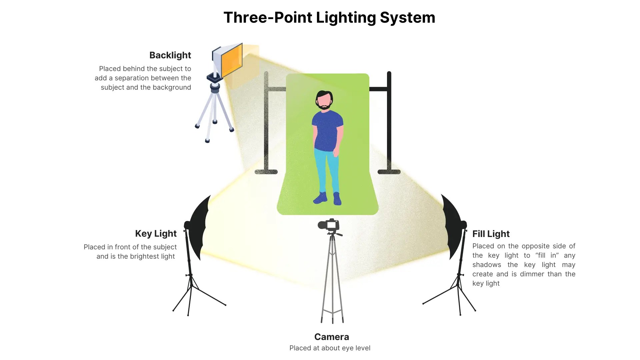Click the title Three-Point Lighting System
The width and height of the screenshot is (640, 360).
[x=329, y=18]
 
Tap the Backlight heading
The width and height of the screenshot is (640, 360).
[x=170, y=55]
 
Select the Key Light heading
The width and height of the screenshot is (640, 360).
[x=156, y=234]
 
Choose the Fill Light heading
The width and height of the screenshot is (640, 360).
[x=491, y=234]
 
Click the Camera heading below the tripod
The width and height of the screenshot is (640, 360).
[x=331, y=337]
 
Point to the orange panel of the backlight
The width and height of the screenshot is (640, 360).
[x=231, y=62]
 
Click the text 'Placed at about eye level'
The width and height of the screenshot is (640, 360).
[x=330, y=348]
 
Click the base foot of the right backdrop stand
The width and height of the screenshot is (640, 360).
[x=389, y=172]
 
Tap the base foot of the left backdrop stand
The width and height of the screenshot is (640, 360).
[x=266, y=172]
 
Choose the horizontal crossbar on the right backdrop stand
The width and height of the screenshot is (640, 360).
[x=379, y=89]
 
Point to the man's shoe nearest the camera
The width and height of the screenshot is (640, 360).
[x=337, y=199]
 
